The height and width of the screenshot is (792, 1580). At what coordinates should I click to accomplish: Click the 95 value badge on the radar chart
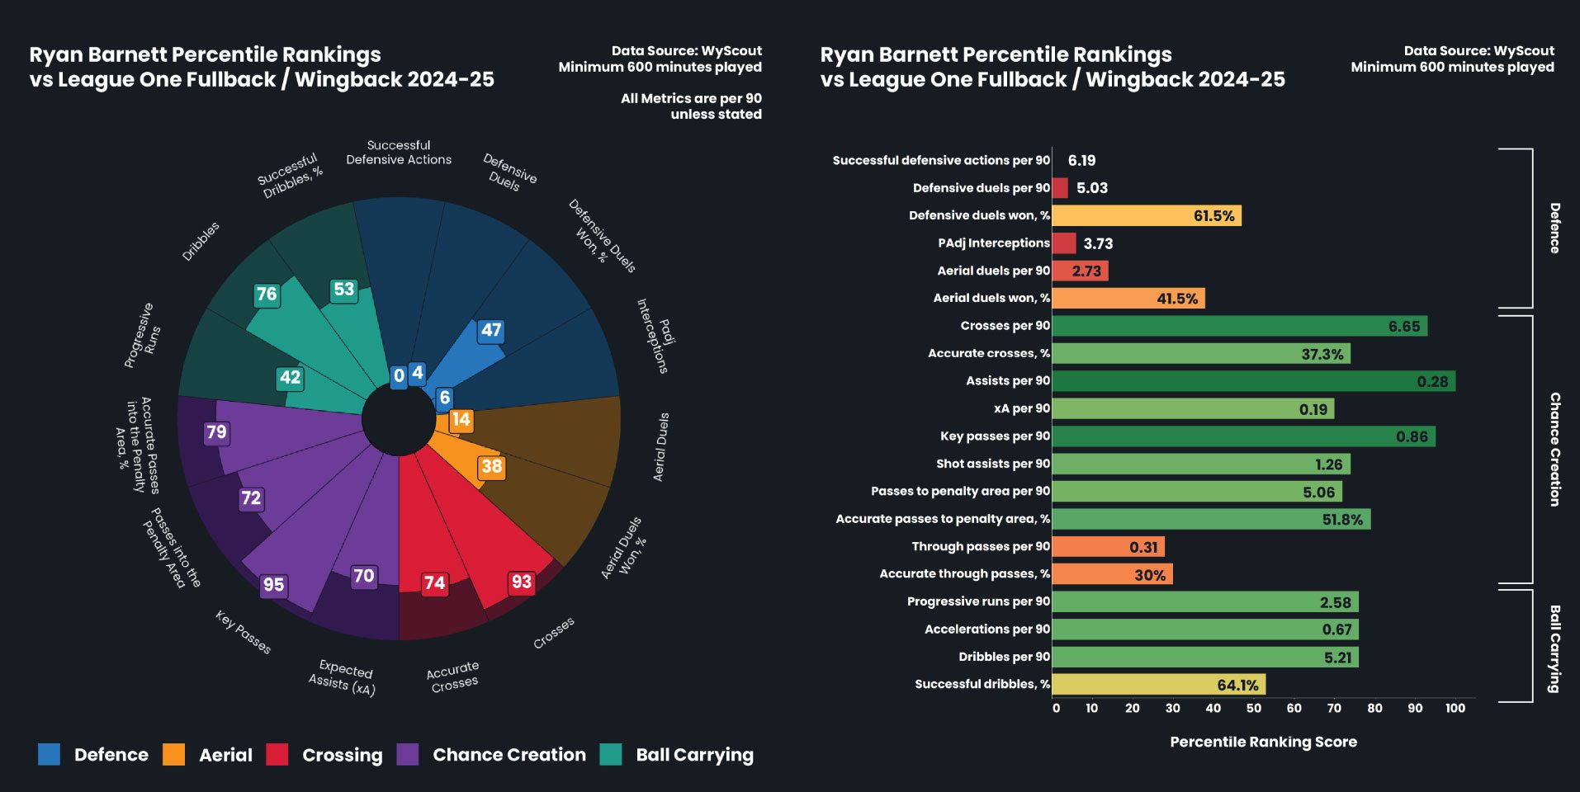(273, 585)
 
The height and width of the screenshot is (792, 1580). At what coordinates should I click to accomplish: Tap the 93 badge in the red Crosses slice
(521, 582)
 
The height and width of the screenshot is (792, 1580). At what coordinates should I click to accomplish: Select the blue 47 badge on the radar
(491, 330)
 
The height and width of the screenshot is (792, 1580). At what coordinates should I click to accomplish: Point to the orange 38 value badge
(491, 466)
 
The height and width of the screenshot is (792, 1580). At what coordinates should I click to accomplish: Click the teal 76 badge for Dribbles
(267, 294)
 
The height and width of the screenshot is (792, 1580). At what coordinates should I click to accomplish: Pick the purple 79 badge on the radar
(216, 431)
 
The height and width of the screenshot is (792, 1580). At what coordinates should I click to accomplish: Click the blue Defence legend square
(49, 754)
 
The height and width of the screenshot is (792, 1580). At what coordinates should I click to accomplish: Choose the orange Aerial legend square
(174, 754)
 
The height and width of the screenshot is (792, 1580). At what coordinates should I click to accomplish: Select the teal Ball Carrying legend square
(611, 754)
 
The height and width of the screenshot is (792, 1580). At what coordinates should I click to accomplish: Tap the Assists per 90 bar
(1253, 381)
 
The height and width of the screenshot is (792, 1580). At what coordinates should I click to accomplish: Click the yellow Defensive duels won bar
(1147, 216)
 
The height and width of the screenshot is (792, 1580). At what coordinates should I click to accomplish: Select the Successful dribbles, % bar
(1159, 685)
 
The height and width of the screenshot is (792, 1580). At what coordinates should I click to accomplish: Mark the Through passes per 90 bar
(1108, 547)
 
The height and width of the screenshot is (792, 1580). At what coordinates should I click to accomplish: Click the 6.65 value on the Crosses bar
(1403, 327)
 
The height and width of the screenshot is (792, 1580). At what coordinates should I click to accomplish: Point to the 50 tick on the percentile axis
(1253, 708)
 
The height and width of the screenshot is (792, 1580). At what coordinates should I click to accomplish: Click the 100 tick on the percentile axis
(1455, 708)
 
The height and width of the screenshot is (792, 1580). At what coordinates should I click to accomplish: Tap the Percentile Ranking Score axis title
(1263, 742)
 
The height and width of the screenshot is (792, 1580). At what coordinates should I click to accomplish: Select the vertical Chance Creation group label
(1554, 449)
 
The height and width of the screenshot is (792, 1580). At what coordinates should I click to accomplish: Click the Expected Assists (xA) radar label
(342, 677)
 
